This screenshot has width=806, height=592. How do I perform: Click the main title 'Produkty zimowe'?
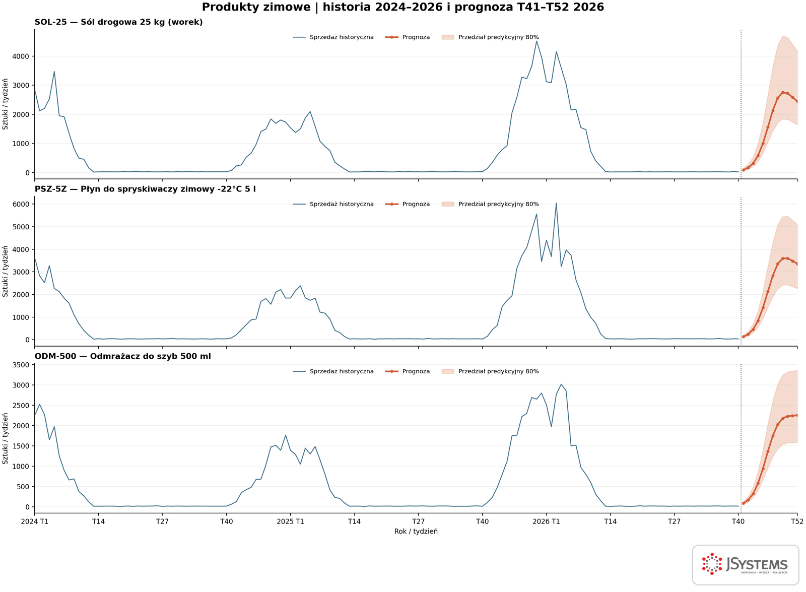coord(256,7)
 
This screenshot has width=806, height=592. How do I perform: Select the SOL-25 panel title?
coord(118,22)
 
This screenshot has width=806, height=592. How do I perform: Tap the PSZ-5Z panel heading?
coord(145,189)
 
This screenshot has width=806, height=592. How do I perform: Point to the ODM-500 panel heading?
coord(123,356)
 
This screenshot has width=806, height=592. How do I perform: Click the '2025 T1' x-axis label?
coord(290,521)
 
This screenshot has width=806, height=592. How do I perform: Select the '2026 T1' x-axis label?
coord(546,521)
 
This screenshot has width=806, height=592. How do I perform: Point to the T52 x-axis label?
coord(797,521)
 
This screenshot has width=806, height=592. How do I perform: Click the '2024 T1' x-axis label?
coord(35,521)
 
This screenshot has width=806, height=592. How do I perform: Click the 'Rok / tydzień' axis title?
coord(416,532)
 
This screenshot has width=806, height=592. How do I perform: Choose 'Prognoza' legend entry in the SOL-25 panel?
coord(408,37)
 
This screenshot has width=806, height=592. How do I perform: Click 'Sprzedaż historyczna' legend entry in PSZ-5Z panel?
coord(333,204)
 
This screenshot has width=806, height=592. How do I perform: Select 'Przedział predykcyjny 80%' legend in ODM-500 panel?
coord(490,371)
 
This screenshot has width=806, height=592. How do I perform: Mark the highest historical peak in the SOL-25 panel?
coord(536,41)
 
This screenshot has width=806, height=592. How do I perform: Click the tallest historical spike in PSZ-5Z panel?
coord(556,204)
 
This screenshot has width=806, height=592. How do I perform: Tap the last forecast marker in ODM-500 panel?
coord(797,415)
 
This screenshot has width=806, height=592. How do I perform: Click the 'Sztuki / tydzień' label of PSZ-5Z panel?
coord(5,272)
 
